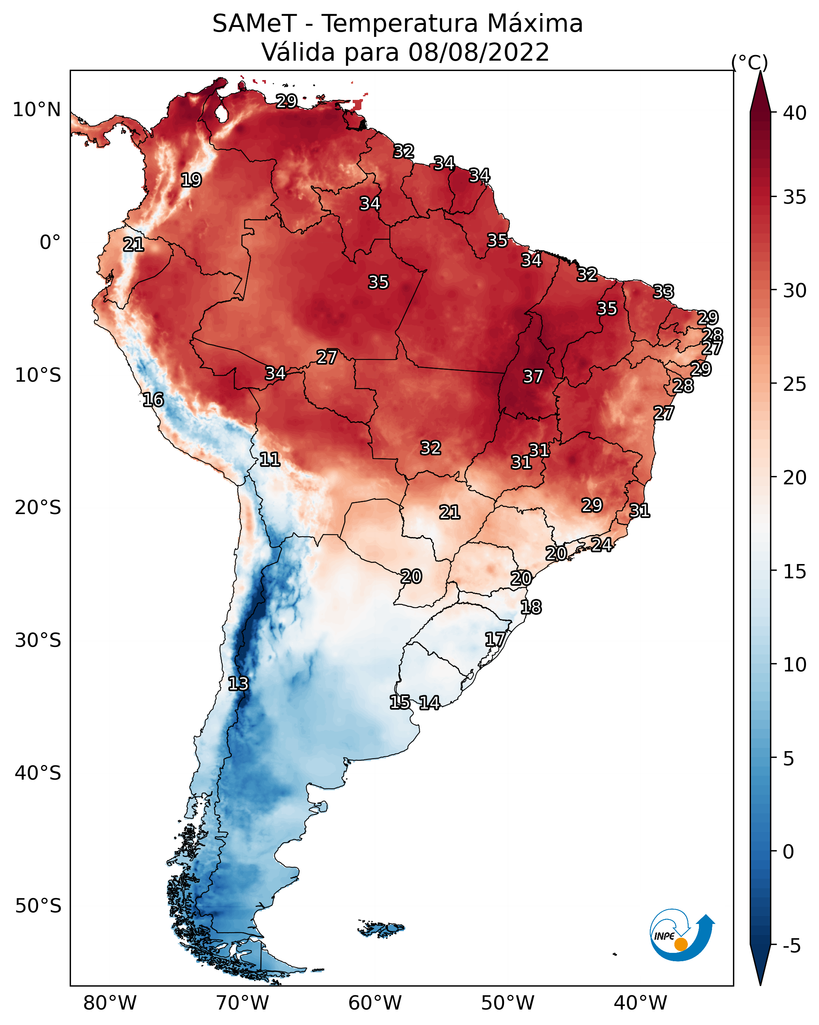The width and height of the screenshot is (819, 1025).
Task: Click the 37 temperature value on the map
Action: click(x=533, y=377)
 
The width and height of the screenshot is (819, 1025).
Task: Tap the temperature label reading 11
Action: click(x=269, y=459)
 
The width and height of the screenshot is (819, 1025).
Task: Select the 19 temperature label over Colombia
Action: click(x=191, y=180)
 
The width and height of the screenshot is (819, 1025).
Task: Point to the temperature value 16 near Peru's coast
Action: click(x=153, y=400)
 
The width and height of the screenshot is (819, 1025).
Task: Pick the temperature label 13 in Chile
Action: click(x=238, y=684)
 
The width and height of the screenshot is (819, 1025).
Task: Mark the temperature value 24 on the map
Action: click(x=601, y=544)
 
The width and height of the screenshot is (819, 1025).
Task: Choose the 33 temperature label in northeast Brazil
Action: click(x=663, y=291)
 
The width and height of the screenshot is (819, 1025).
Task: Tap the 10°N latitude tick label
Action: click(x=36, y=110)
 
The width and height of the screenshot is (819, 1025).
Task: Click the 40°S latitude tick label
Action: click(x=38, y=773)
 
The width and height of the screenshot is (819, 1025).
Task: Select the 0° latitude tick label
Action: click(x=50, y=243)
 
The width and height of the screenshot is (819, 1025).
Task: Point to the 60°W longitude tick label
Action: click(x=375, y=1004)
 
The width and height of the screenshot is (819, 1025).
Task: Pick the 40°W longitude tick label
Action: click(x=640, y=1004)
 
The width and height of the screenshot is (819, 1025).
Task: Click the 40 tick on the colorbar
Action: click(x=795, y=113)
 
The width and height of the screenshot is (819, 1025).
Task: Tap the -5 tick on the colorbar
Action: click(x=791, y=946)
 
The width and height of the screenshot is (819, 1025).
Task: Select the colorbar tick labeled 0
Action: click(x=788, y=852)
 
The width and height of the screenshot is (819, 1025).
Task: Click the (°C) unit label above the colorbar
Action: click(x=749, y=62)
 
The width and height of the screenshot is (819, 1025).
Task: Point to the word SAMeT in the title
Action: click(x=254, y=24)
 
